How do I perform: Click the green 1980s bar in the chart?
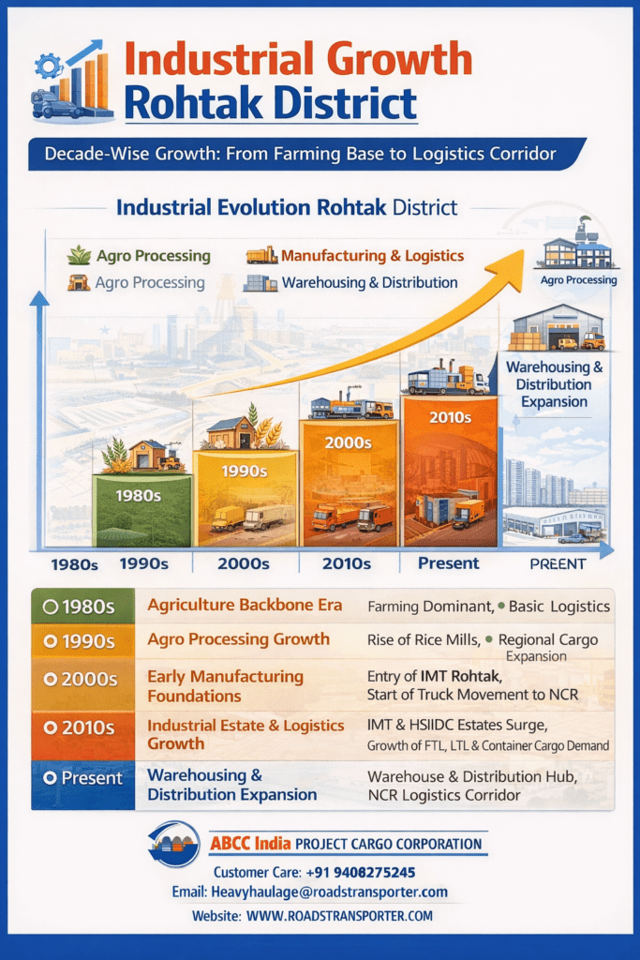tap(141, 510)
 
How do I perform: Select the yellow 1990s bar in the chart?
tap(246, 499)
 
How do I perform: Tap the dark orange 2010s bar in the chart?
tap(451, 471)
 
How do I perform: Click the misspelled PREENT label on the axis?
tap(558, 563)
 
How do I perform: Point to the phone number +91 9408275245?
tap(361, 872)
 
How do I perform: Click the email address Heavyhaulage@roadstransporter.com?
tap(329, 892)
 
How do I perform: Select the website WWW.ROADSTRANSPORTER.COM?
tap(339, 916)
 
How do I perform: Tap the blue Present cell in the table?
tap(83, 785)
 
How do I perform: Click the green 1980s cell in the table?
tap(83, 607)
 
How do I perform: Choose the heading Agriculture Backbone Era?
tap(245, 605)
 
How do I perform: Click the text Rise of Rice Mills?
tap(423, 639)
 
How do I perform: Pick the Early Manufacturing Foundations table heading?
tap(225, 685)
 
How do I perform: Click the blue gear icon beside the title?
tap(49, 66)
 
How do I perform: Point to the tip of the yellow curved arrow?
tap(524, 250)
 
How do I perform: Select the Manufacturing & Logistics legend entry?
tap(355, 255)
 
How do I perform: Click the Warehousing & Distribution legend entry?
tap(350, 283)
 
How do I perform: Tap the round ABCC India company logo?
tap(174, 844)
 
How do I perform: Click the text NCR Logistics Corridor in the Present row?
tap(444, 795)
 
